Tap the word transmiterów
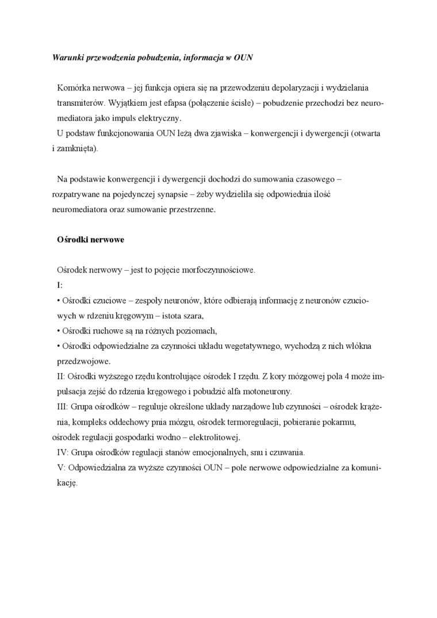pyautogui.click(x=79, y=103)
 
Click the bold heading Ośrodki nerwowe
pyautogui.click(x=91, y=240)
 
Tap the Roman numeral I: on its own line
pyautogui.click(x=60, y=285)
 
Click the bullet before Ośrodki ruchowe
pyautogui.click(x=59, y=331)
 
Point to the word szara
pyautogui.click(x=192, y=316)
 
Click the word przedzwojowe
pyautogui.click(x=83, y=361)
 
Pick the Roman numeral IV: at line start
pyautogui.click(x=63, y=452)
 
